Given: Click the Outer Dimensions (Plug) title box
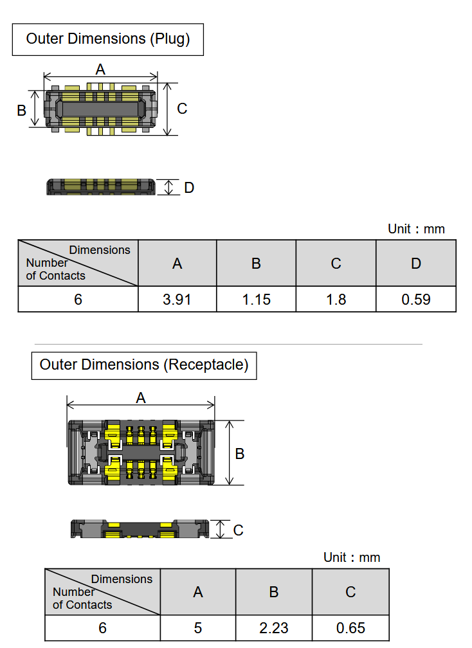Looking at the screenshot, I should click(x=108, y=39).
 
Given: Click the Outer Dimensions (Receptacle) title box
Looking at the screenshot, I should click(x=144, y=365).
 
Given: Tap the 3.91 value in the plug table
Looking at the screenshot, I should click(x=177, y=300).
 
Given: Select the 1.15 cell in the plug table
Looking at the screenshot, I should click(x=256, y=300).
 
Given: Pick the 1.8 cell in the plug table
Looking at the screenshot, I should click(x=336, y=300).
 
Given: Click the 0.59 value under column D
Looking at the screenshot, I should click(x=416, y=300).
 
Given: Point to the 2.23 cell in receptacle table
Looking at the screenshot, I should click(x=274, y=628).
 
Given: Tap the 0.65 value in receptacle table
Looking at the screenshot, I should click(x=350, y=628).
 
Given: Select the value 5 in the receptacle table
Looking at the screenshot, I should click(x=198, y=628).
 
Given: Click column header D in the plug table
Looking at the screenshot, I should click(x=416, y=264).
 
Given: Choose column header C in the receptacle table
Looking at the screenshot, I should click(x=350, y=592).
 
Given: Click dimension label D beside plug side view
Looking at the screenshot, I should click(x=189, y=188).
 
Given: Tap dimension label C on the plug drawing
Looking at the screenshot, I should click(x=182, y=109).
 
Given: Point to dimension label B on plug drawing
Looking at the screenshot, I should click(x=21, y=111).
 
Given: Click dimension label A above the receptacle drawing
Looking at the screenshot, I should click(x=140, y=398).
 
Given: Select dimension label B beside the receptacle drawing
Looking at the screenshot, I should click(x=240, y=454).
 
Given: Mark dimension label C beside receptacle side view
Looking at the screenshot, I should click(x=238, y=530).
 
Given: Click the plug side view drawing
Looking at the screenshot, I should click(x=101, y=187).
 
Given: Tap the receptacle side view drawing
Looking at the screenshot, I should click(x=140, y=530).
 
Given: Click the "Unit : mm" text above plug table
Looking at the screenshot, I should click(x=416, y=229).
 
